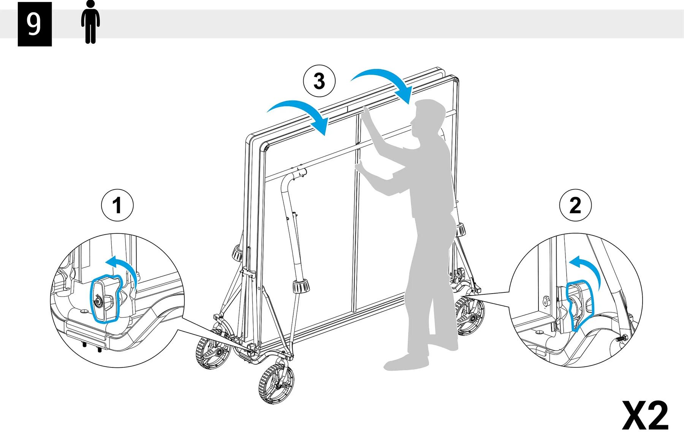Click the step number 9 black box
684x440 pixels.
[35, 24]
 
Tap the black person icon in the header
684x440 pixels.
[90, 22]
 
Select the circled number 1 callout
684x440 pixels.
[117, 206]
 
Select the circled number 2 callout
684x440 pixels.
[575, 206]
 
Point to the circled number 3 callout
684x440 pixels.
[319, 81]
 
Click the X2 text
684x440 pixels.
[645, 416]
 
